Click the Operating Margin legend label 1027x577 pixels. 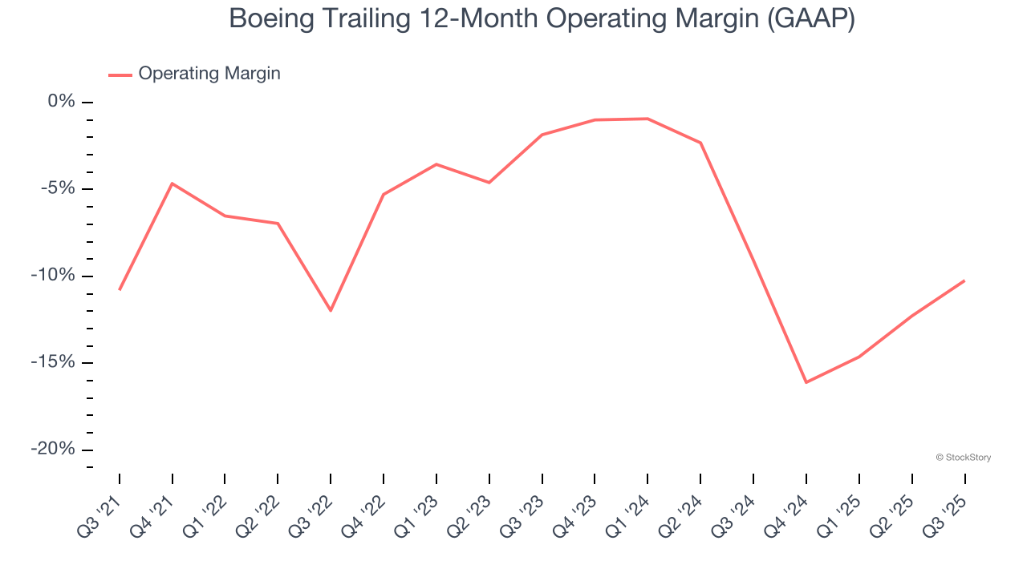[209, 74]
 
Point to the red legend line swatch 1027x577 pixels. [120, 75]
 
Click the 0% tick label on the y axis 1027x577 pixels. [62, 102]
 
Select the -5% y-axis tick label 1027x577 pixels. [58, 188]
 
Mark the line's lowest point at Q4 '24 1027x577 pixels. [806, 382]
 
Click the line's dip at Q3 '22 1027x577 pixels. [331, 310]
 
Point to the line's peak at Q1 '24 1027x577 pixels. [647, 119]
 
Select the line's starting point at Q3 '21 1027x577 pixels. [120, 289]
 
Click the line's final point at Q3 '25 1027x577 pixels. [964, 280]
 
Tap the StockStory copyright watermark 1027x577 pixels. [963, 458]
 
